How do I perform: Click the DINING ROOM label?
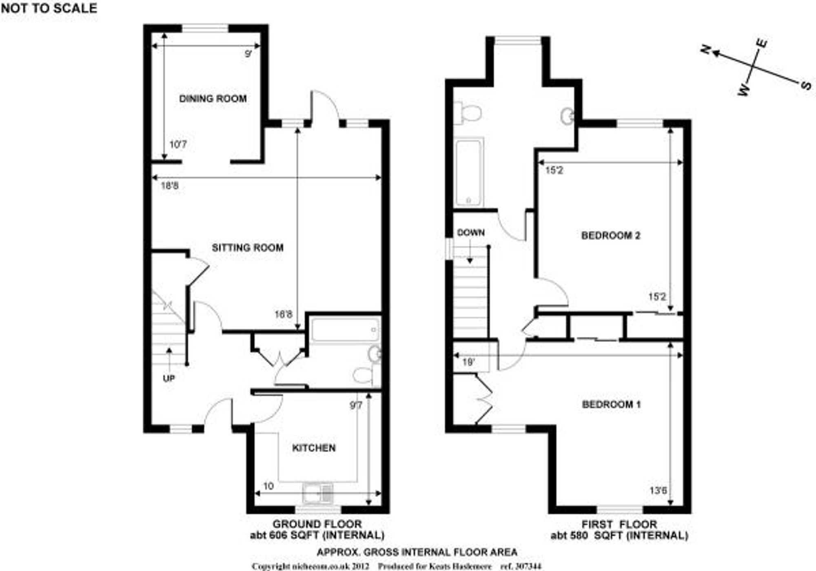213,99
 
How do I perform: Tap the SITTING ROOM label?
247,248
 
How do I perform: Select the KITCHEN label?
314,448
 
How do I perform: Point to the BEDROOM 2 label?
611,235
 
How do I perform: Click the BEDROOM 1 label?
611,405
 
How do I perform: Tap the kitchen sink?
318,493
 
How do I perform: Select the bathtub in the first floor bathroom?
469,173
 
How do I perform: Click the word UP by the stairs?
169,378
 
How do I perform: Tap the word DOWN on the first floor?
471,233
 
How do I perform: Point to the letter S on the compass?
806,85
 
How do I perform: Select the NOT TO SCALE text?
49,8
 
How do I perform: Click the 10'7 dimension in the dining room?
178,144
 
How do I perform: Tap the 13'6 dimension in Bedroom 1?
658,490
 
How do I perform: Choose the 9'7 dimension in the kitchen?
356,406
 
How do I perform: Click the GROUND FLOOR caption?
317,524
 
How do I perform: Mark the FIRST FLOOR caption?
619,524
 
